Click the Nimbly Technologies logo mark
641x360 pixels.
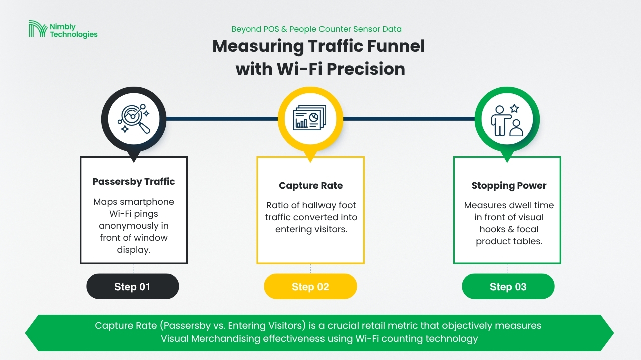[x=38, y=29]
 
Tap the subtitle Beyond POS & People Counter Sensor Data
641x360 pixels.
[x=316, y=29]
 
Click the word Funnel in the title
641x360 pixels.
[x=396, y=46]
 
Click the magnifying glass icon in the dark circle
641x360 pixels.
[x=134, y=119]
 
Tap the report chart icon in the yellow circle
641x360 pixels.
[x=309, y=117]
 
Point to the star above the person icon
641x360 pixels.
[x=514, y=108]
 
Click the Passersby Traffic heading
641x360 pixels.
[x=134, y=181]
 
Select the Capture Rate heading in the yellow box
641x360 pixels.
[x=311, y=185]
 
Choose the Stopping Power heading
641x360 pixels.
[x=509, y=185]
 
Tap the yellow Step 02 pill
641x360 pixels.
[x=310, y=286]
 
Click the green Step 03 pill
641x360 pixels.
[x=508, y=286]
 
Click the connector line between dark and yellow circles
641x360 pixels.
[x=222, y=119]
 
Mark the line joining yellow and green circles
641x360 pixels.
[x=409, y=119]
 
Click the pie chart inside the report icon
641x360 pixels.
[x=314, y=117]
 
